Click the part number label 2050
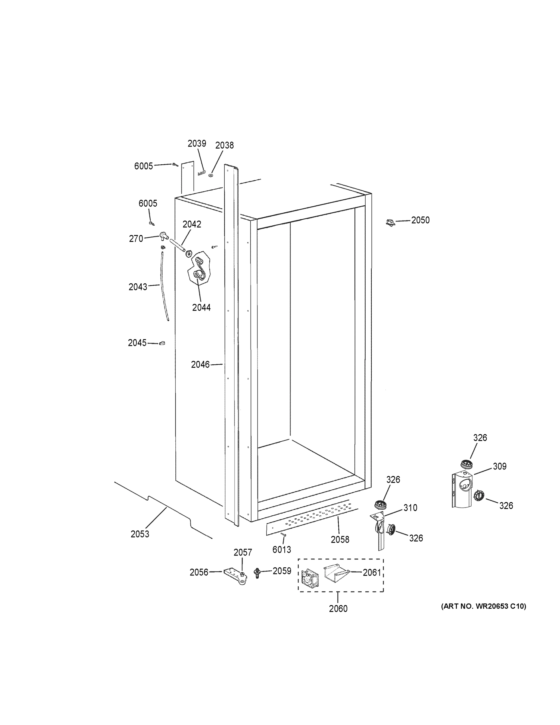[x=420, y=221]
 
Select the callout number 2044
[x=201, y=308]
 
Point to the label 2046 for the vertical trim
[x=200, y=365]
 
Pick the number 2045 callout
[x=137, y=343]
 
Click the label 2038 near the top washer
[x=224, y=145]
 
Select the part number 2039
[x=197, y=144]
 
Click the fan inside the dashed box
[x=309, y=577]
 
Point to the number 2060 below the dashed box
[x=338, y=609]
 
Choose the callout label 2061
[x=372, y=572]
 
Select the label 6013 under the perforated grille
[x=282, y=550]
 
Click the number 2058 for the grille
[x=340, y=540]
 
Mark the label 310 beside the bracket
[x=410, y=508]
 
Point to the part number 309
[x=499, y=466]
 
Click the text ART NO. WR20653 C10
[x=483, y=607]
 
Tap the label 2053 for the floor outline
[x=140, y=534]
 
